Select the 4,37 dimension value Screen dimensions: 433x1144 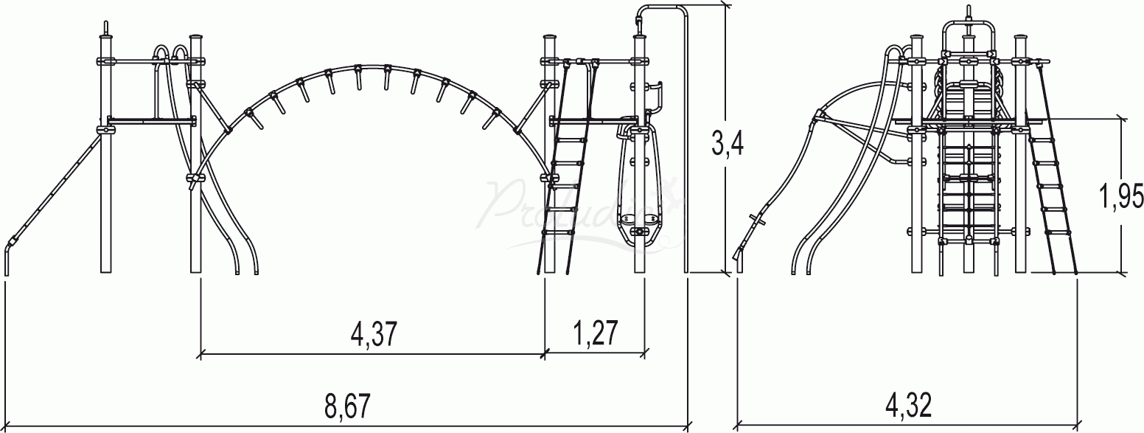(x=374, y=334)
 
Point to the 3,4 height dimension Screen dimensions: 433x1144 (x=727, y=143)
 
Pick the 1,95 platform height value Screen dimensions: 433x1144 (x=1120, y=196)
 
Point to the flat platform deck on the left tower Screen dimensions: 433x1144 (x=151, y=119)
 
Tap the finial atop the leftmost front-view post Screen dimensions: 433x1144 (x=106, y=27)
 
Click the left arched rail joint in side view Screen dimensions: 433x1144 (x=818, y=116)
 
